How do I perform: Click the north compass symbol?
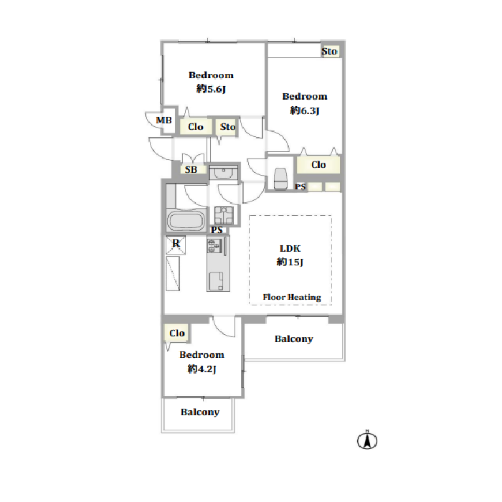click(x=367, y=440)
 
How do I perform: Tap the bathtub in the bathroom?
click(x=186, y=220)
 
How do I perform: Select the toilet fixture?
click(x=280, y=179)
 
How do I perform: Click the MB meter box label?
click(x=164, y=120)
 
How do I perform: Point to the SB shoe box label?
click(x=191, y=170)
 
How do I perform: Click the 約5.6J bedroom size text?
click(x=212, y=89)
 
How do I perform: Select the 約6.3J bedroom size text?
click(x=305, y=110)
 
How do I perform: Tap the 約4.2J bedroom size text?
click(x=202, y=369)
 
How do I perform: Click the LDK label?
click(x=290, y=248)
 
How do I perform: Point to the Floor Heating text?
click(x=292, y=298)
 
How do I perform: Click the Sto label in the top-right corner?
click(x=329, y=51)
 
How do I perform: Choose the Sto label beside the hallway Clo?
click(x=227, y=127)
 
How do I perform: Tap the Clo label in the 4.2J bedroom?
click(x=177, y=333)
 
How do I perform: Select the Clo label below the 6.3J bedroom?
click(x=318, y=164)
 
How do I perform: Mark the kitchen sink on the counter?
click(x=216, y=281)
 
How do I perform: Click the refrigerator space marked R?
click(x=176, y=245)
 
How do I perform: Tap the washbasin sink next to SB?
click(x=224, y=173)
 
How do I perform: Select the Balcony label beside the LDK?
click(x=294, y=339)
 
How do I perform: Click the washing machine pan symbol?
click(x=224, y=215)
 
